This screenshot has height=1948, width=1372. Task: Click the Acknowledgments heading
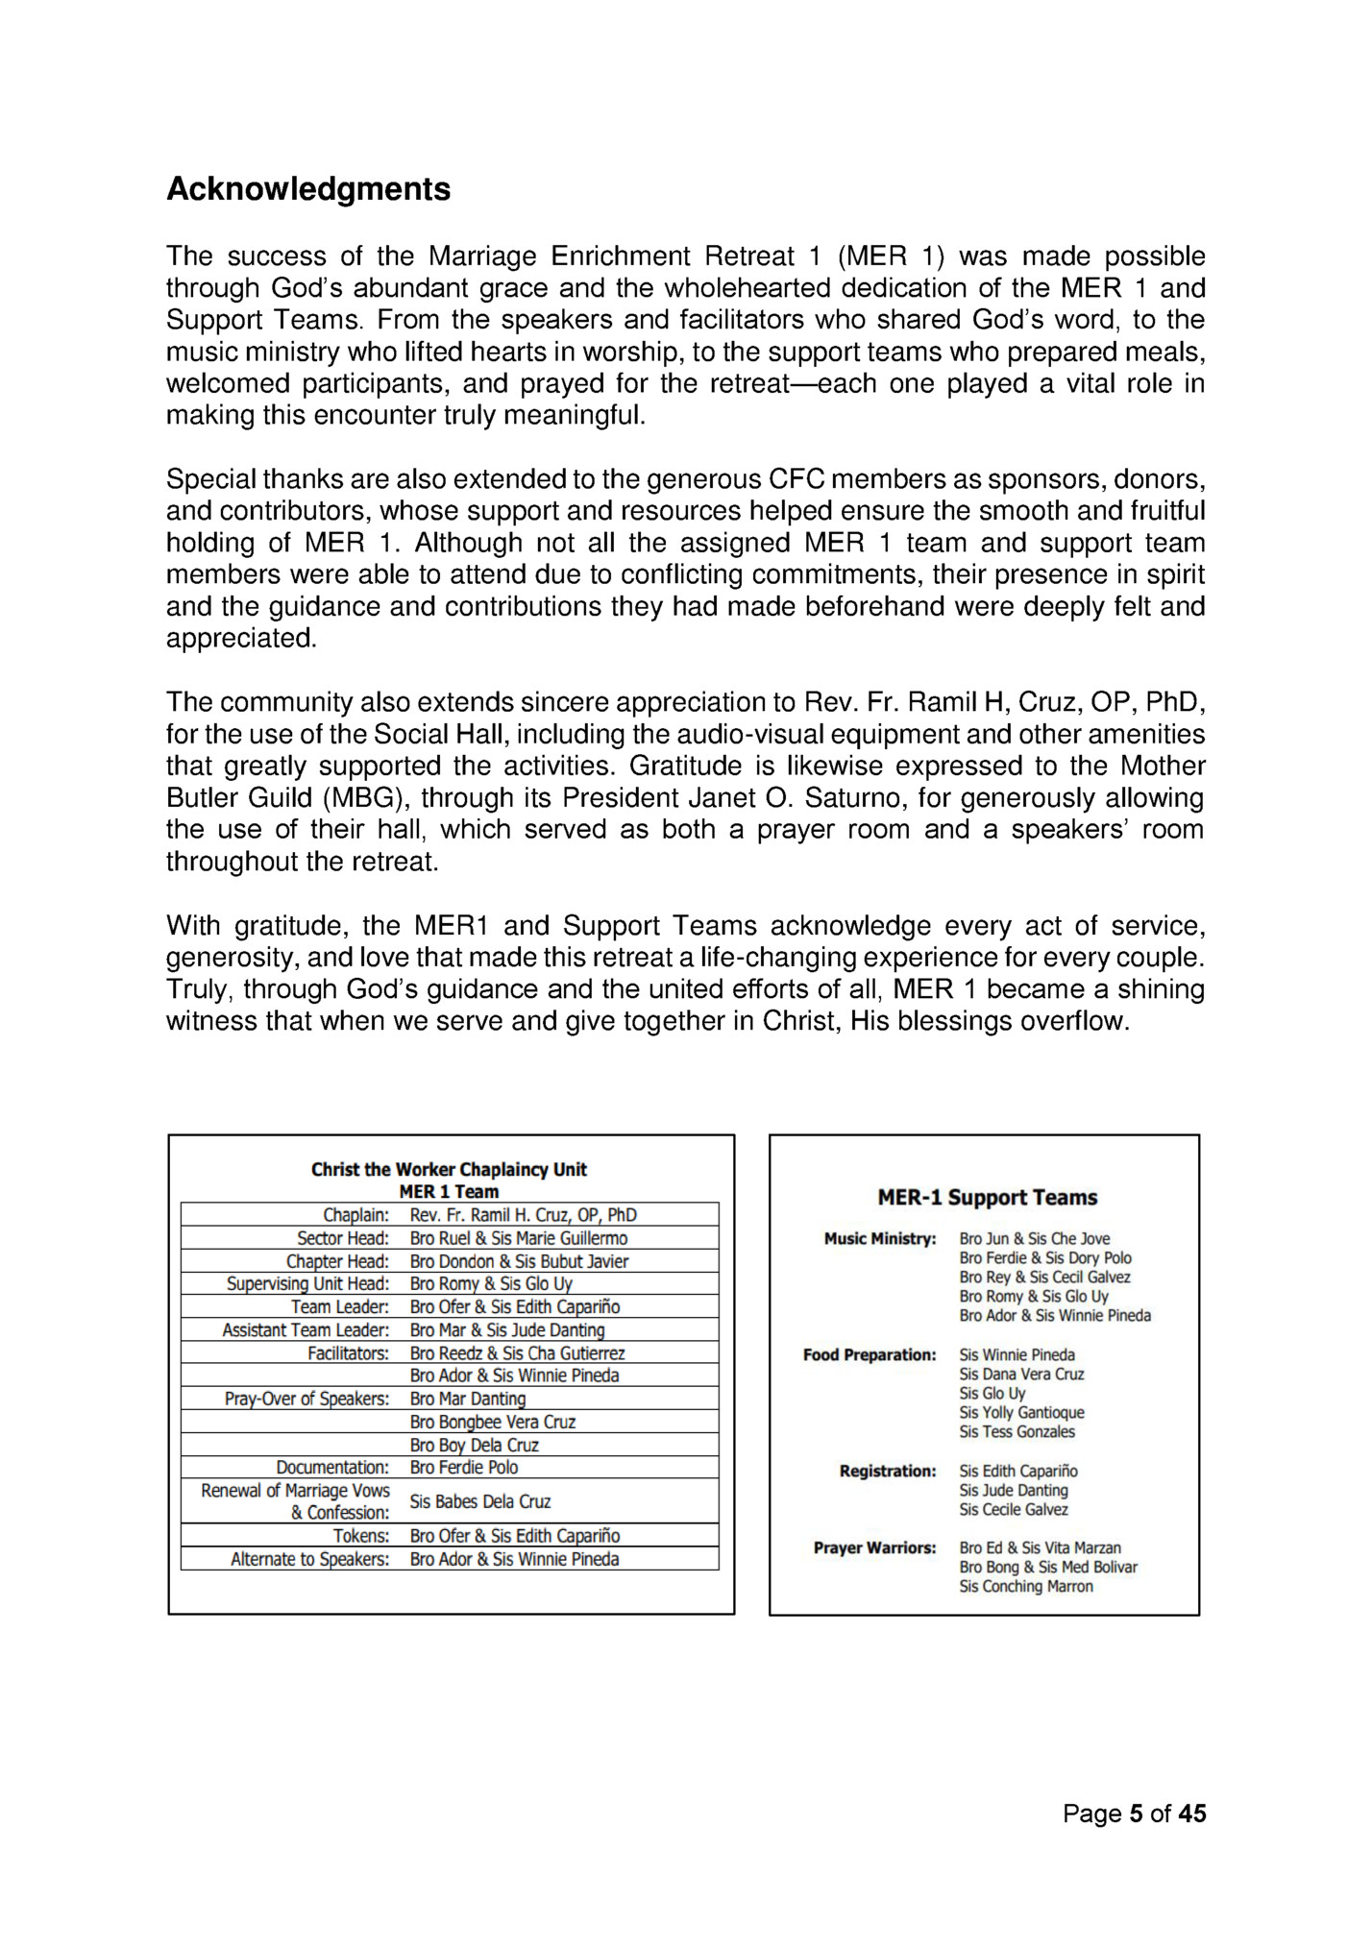tap(308, 189)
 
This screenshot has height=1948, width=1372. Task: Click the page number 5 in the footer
tap(1136, 1814)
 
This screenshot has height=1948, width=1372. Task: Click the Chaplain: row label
tap(355, 1215)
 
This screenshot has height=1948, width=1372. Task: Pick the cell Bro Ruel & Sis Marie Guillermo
tap(518, 1238)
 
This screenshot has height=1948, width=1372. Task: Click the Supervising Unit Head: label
tap(307, 1283)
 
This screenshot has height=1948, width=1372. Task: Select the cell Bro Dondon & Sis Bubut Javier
tap(519, 1261)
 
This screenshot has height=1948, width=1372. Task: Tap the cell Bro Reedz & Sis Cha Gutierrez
tap(517, 1352)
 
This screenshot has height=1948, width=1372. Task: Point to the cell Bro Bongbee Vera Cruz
tap(492, 1422)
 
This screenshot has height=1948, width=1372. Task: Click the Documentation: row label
tap(332, 1467)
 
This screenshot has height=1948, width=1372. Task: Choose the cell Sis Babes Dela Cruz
tap(480, 1501)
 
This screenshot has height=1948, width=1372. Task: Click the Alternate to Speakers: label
tap(309, 1559)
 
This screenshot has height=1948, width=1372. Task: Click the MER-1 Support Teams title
tap(987, 1198)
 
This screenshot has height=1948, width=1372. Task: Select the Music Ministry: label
tap(880, 1239)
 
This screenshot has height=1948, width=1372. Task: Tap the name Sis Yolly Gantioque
tap(1021, 1412)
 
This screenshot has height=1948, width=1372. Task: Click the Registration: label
tap(888, 1471)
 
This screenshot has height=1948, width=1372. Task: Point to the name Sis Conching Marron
tap(1026, 1586)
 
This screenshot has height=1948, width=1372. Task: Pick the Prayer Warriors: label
tap(874, 1547)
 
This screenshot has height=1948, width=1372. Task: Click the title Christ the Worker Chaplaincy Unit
tap(449, 1169)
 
